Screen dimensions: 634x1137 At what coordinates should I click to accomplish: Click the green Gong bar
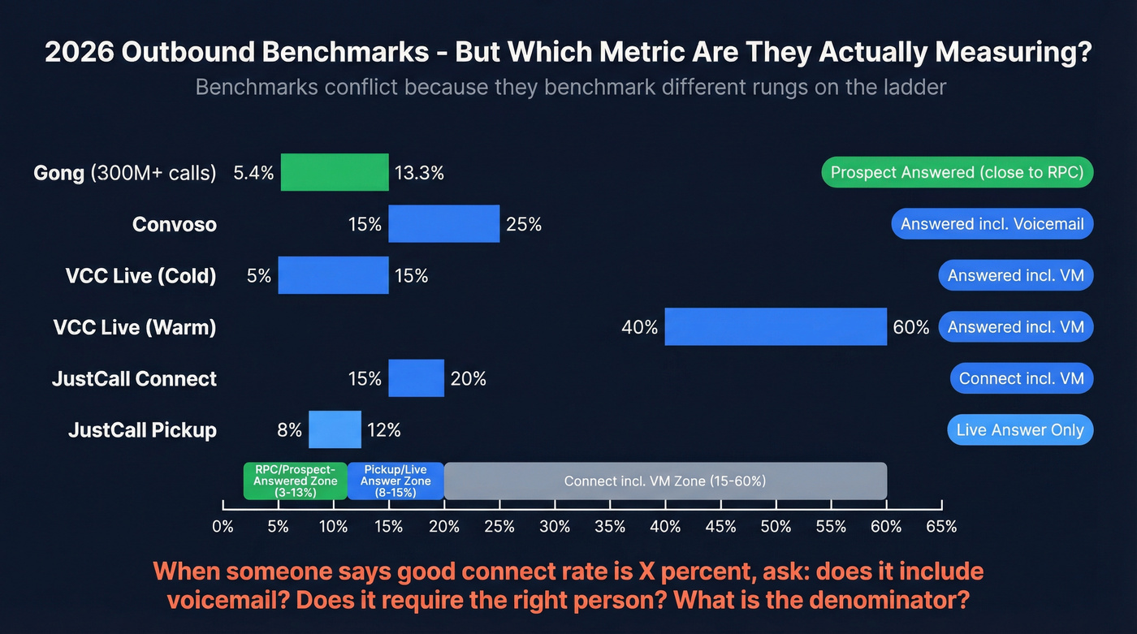pos(335,172)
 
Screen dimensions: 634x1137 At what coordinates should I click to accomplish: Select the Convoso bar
pos(443,223)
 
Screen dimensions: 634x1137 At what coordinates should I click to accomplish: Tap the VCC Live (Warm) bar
pos(776,326)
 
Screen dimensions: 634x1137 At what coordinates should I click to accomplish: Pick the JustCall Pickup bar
pos(335,429)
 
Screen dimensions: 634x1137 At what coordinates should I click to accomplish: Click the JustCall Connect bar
pos(416,378)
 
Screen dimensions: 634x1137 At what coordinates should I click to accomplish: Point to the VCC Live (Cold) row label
pos(141,275)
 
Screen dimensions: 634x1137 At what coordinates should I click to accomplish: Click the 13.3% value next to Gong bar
pos(419,172)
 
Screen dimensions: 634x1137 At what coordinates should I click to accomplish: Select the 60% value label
pos(910,327)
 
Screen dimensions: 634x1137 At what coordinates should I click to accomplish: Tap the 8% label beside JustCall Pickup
pos(289,429)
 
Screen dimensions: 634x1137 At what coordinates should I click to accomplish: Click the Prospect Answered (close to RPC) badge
pos(958,172)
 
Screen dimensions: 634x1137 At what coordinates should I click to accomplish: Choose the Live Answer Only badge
pos(1020,429)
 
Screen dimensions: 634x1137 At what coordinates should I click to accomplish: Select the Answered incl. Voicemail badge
pos(992,223)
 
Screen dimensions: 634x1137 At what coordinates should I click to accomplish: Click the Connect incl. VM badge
pos(1022,378)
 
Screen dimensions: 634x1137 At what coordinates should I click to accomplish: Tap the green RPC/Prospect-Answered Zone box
pos(295,481)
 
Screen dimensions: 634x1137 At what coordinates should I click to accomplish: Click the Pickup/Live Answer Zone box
pos(395,481)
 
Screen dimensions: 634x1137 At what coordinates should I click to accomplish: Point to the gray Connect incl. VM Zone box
pos(664,481)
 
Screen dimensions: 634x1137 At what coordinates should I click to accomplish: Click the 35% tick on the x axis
pos(609,526)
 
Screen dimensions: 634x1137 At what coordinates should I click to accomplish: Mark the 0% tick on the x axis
pos(223,526)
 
